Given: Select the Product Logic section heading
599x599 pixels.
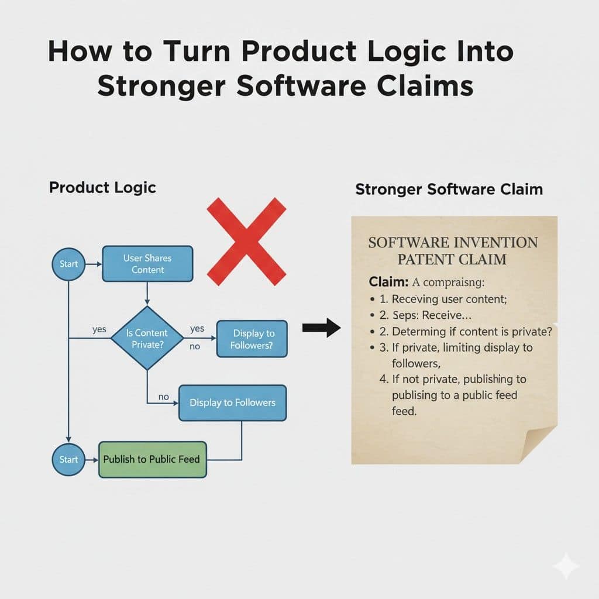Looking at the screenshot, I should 102,187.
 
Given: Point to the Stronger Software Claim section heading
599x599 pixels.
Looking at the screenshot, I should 449,190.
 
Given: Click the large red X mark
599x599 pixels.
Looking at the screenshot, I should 246,241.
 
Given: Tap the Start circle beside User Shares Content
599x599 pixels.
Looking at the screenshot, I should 68,264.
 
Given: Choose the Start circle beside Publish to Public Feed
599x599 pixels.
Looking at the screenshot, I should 68,459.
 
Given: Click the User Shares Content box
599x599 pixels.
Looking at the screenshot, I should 147,264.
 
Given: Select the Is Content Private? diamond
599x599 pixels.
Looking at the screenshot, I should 147,338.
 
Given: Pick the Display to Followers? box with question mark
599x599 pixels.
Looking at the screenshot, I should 252,339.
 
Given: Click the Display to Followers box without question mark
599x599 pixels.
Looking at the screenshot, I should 232,403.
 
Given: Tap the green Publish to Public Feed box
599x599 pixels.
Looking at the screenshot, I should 152,459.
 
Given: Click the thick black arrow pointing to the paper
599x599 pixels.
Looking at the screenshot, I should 321,328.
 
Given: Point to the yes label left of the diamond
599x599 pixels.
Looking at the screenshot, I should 99,329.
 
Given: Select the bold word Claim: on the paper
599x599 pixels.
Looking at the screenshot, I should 389,282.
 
